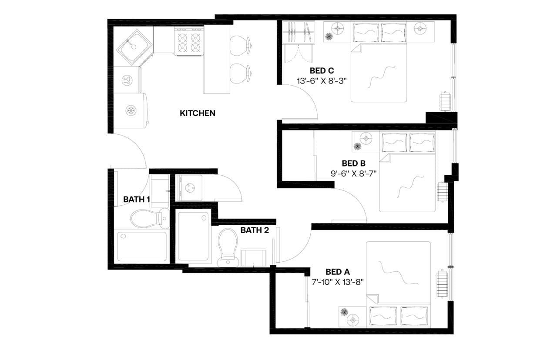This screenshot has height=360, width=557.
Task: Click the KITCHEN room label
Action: tap(198, 113)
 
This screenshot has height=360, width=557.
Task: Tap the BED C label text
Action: tap(322, 70)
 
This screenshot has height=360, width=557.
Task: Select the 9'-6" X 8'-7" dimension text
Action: tap(353, 173)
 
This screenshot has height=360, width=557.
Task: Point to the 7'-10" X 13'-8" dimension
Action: tap(338, 282)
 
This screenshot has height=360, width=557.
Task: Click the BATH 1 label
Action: tap(137, 200)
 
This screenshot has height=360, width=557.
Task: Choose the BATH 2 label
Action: tap(255, 230)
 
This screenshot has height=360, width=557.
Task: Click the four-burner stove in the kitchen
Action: tap(189, 41)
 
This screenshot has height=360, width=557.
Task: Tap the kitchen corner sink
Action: tap(135, 47)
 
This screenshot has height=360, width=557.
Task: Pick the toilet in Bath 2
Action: tap(227, 246)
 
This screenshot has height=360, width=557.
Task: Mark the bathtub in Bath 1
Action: tap(142, 246)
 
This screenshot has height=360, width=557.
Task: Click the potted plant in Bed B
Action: tap(358, 147)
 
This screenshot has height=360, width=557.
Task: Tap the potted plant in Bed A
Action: tap(344, 312)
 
